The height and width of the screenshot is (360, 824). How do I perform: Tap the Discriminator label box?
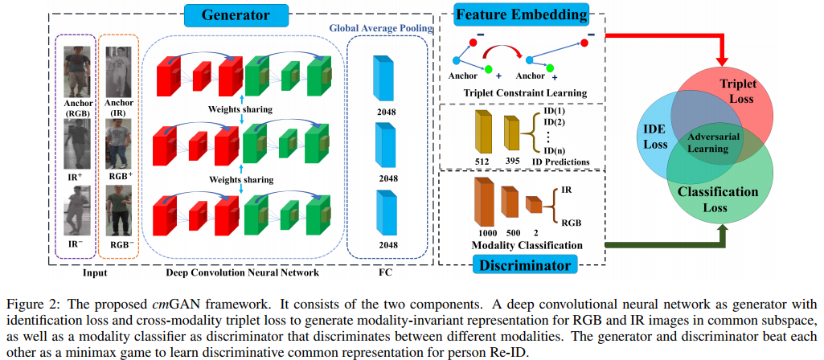523,264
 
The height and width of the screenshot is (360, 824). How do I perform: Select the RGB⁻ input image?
119,210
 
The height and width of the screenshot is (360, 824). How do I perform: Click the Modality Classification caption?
525,244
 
